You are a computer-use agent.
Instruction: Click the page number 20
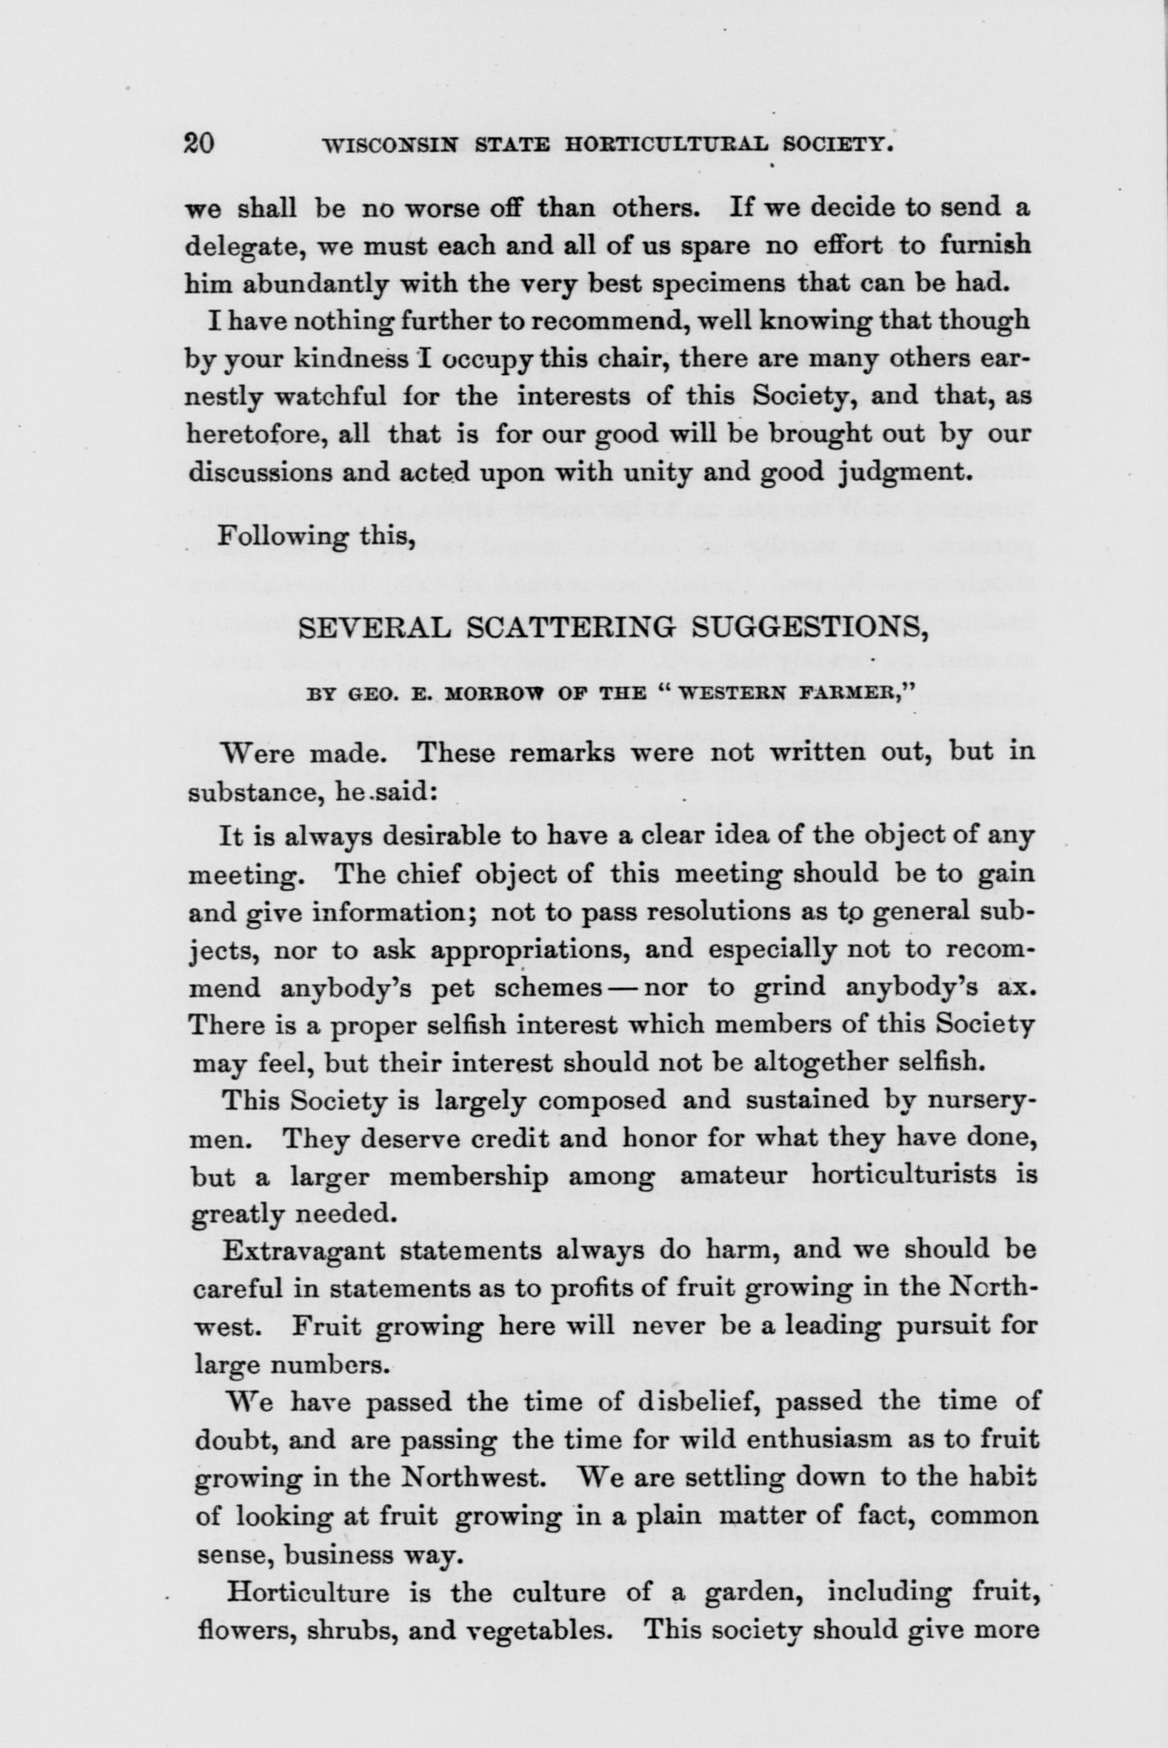click(200, 142)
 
